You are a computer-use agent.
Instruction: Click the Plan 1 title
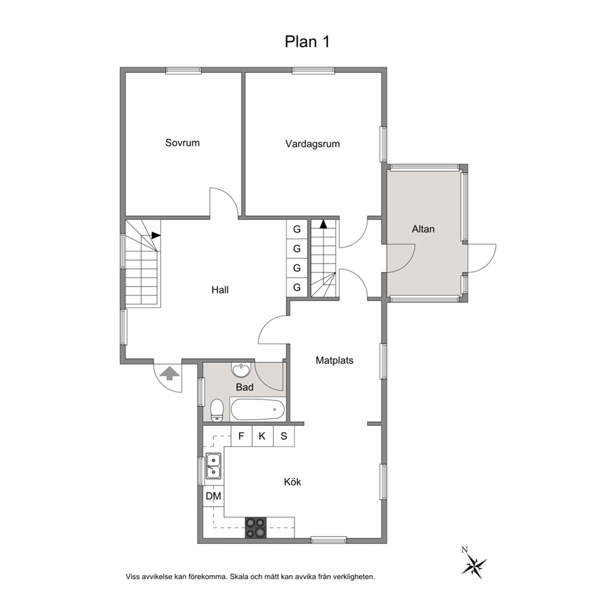[307, 42]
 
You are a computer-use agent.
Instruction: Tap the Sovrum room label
[183, 143]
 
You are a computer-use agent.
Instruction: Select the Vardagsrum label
[312, 144]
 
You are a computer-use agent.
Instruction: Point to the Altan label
[423, 229]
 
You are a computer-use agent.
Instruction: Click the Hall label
[220, 290]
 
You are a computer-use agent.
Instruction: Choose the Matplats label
[334, 360]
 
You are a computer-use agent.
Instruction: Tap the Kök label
[292, 482]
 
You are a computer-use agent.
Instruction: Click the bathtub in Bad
[257, 410]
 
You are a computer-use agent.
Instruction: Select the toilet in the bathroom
[217, 410]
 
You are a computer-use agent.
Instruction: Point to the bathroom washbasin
[240, 369]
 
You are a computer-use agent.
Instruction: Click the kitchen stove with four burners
[256, 528]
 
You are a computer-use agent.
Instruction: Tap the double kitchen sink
[213, 466]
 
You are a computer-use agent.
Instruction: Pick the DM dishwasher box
[214, 496]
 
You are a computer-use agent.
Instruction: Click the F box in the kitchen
[241, 436]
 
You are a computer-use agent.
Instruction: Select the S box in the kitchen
[284, 436]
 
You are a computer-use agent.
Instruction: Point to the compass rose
[474, 565]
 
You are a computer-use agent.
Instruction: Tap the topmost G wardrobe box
[297, 229]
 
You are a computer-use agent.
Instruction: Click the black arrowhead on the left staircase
[156, 235]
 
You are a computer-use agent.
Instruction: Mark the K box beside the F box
[263, 436]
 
